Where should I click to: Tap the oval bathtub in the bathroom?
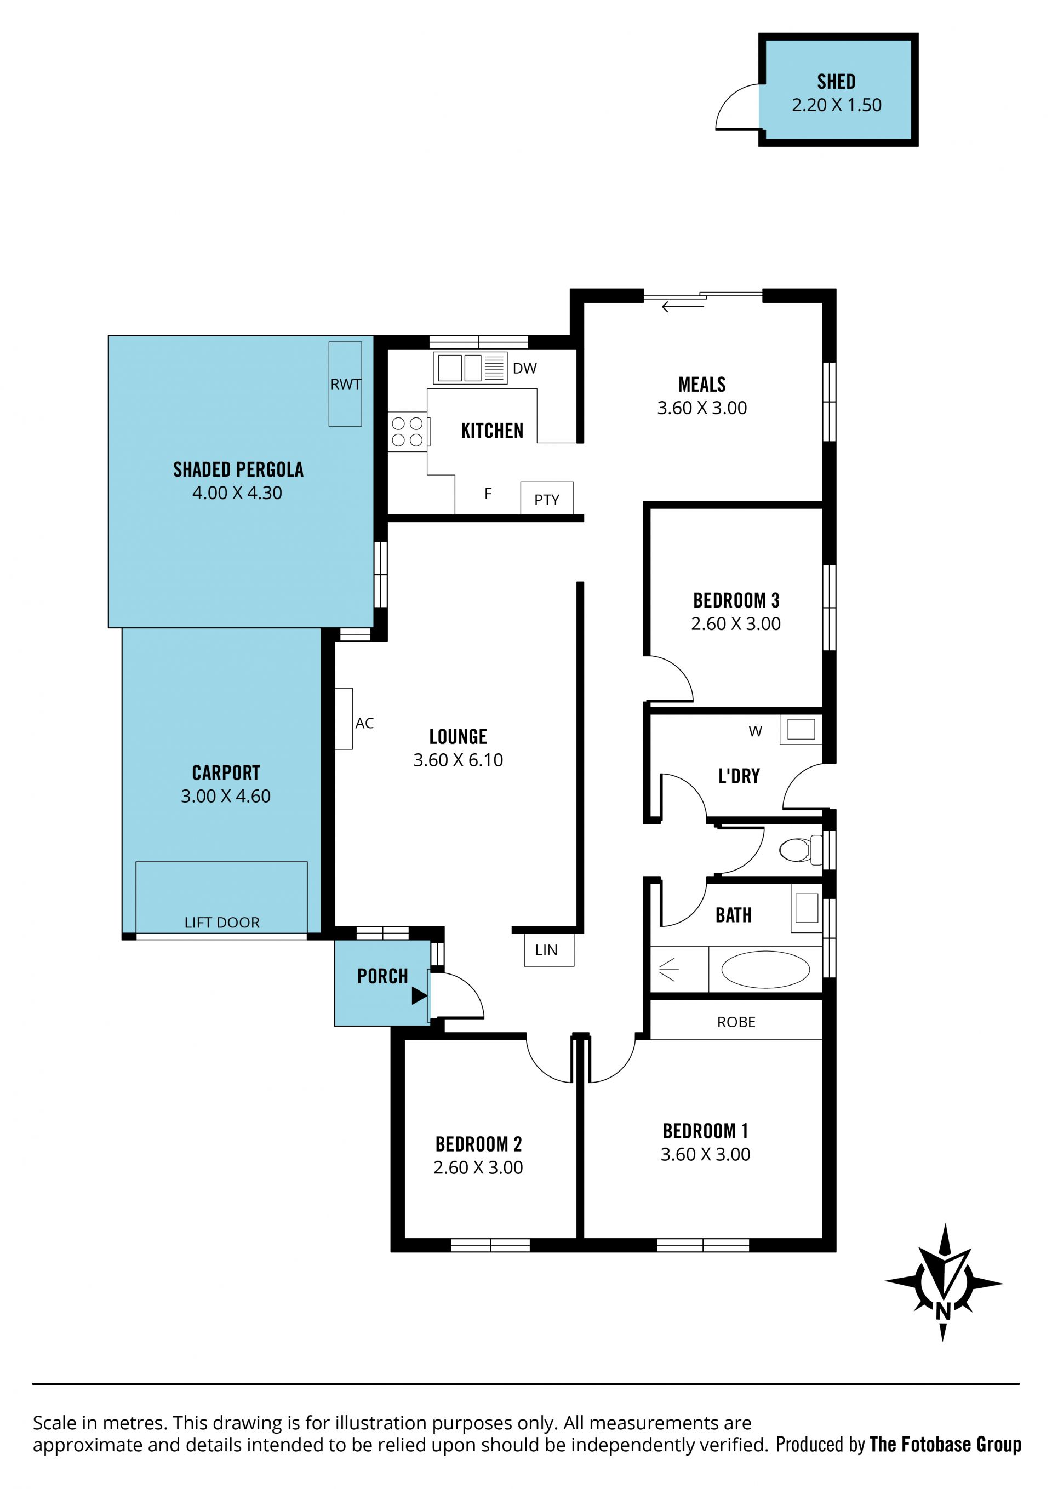765,970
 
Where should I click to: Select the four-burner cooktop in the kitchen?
407,432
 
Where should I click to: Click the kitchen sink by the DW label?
470,368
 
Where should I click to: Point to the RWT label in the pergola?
346,384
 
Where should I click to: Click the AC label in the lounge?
364,723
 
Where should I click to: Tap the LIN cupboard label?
546,950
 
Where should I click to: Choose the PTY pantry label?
547,500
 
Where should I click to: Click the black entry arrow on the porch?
419,995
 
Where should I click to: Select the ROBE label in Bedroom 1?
736,1022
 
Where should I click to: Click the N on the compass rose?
943,1312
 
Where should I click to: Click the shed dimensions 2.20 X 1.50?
837,105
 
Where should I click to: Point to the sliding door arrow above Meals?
682,307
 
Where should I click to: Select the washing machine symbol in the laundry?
801,729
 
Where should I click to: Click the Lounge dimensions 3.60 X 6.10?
458,760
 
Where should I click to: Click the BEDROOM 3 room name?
736,600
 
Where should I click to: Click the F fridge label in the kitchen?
488,494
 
